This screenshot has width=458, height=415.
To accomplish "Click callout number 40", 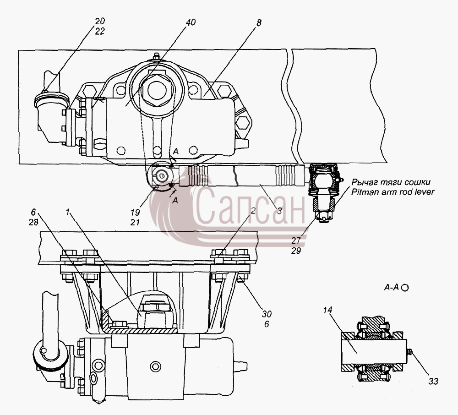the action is (x=191, y=22).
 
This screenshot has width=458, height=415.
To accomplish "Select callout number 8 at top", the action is (x=259, y=23).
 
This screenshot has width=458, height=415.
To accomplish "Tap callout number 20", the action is (x=99, y=22).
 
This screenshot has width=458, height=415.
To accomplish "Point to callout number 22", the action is (x=99, y=31).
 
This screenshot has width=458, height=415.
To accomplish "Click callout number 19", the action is (x=135, y=213).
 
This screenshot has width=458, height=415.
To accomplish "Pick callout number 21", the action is (x=135, y=222).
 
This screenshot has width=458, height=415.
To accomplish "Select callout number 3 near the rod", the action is (x=279, y=211).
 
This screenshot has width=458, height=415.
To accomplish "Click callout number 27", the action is (x=296, y=240).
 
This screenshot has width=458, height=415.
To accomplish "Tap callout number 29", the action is (x=296, y=251).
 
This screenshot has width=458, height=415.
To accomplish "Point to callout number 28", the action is (x=33, y=222).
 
